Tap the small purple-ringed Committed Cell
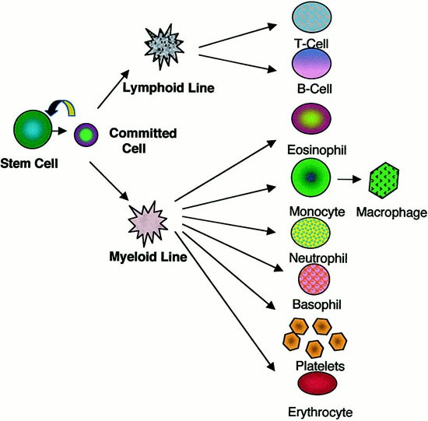click(x=86, y=135)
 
